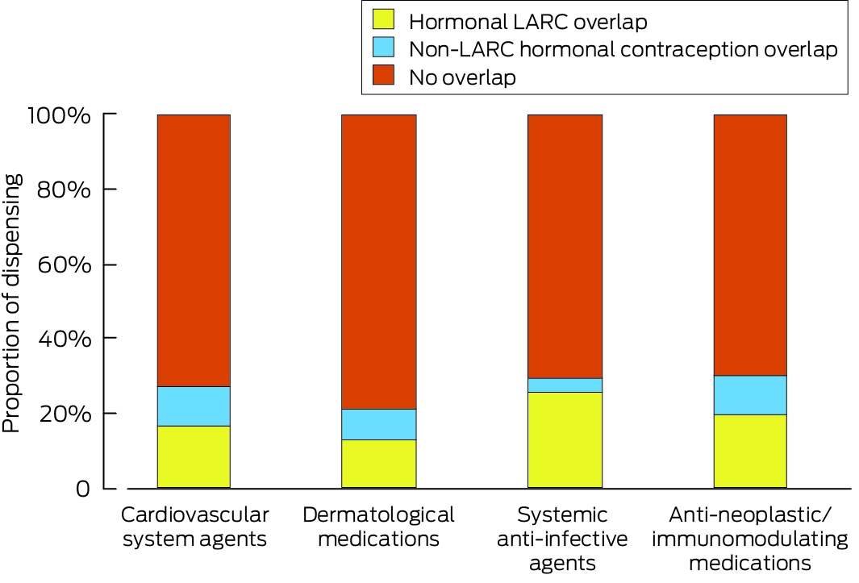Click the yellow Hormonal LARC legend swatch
pos(383,19)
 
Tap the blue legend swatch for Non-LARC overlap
pos(383,47)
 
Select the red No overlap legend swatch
pos(383,75)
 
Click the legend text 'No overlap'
pos(462,77)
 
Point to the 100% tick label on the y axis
pos(60,115)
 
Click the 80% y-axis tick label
pos(64,190)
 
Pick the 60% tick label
pos(64,265)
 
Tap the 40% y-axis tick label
pos(64,339)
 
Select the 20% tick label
pos(64,414)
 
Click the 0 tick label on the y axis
pos(83,488)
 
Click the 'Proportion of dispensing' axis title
pos(11,303)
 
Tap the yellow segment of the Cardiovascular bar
pos(194,457)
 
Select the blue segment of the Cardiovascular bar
pos(194,406)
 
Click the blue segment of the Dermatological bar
pos(378,424)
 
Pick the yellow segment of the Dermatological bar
pos(378,464)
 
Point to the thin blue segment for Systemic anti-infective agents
pos(565,385)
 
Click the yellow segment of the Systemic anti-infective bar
pos(565,440)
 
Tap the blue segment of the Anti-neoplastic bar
pos(750,395)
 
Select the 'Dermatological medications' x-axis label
pos(378,527)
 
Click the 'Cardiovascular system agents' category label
pos(194,527)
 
